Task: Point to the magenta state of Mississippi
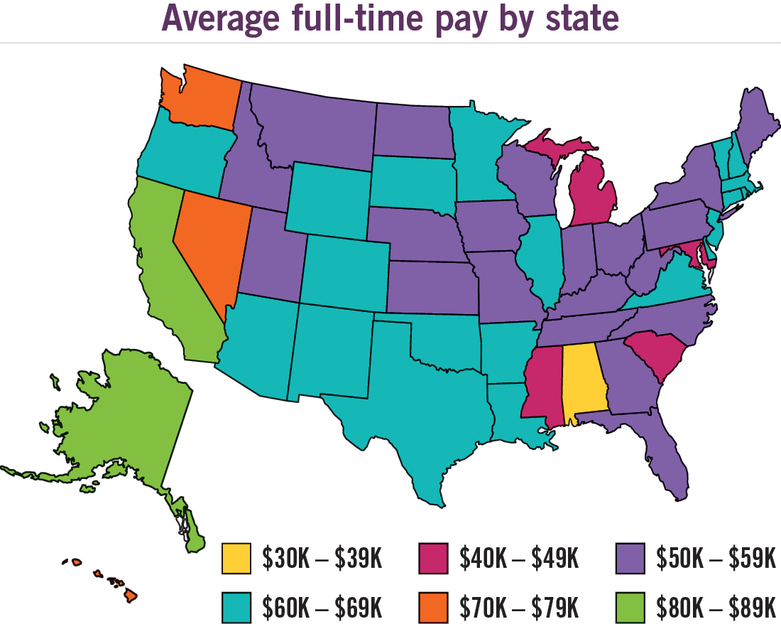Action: (543, 384)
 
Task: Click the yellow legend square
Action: (236, 559)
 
